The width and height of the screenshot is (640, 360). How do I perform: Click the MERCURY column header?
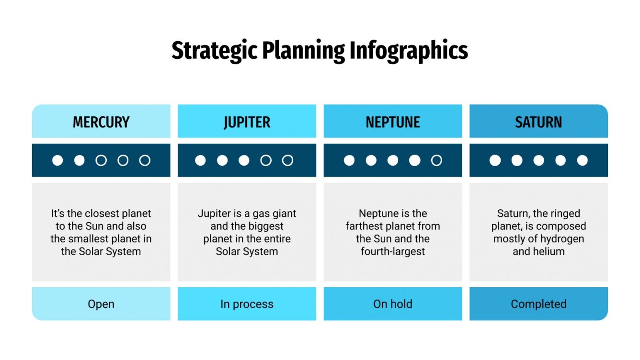pos(101,122)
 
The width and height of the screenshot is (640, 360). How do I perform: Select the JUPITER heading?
pos(247,122)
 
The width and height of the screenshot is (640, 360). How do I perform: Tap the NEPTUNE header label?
pos(393,122)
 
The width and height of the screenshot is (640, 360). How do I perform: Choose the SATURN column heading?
pos(538,122)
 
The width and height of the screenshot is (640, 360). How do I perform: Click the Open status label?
pos(101,304)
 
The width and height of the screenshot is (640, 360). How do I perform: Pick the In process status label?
pos(247,304)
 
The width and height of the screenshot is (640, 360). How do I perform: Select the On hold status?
pos(393,304)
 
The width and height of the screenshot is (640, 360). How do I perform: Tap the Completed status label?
pos(538,304)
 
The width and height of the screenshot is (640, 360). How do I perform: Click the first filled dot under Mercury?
pos(57,160)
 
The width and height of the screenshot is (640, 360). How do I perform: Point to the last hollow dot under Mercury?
pos(145,160)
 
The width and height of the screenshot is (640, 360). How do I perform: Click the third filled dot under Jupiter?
pos(244,160)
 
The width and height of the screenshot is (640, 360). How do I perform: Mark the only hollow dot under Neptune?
pos(436,160)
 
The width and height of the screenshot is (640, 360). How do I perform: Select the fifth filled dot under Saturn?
pos(582,160)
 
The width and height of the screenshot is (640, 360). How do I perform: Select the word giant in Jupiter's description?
pos(282,214)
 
